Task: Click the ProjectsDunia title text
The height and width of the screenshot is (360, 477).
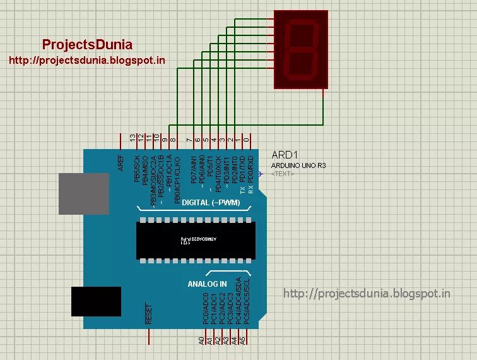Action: (x=87, y=44)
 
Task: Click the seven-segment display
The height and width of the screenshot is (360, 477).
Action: (x=302, y=49)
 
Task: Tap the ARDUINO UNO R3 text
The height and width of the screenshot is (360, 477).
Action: (x=298, y=165)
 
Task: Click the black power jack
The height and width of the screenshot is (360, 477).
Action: (x=95, y=301)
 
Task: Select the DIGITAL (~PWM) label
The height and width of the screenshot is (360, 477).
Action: (x=202, y=203)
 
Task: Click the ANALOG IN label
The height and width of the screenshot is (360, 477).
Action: (x=207, y=284)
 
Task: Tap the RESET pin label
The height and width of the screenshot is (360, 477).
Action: (x=149, y=314)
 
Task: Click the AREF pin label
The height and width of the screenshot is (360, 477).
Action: (x=121, y=163)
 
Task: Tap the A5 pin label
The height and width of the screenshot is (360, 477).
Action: (x=242, y=340)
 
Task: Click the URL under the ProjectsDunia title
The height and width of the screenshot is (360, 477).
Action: (x=86, y=61)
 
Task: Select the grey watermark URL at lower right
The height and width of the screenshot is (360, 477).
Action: (x=367, y=294)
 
